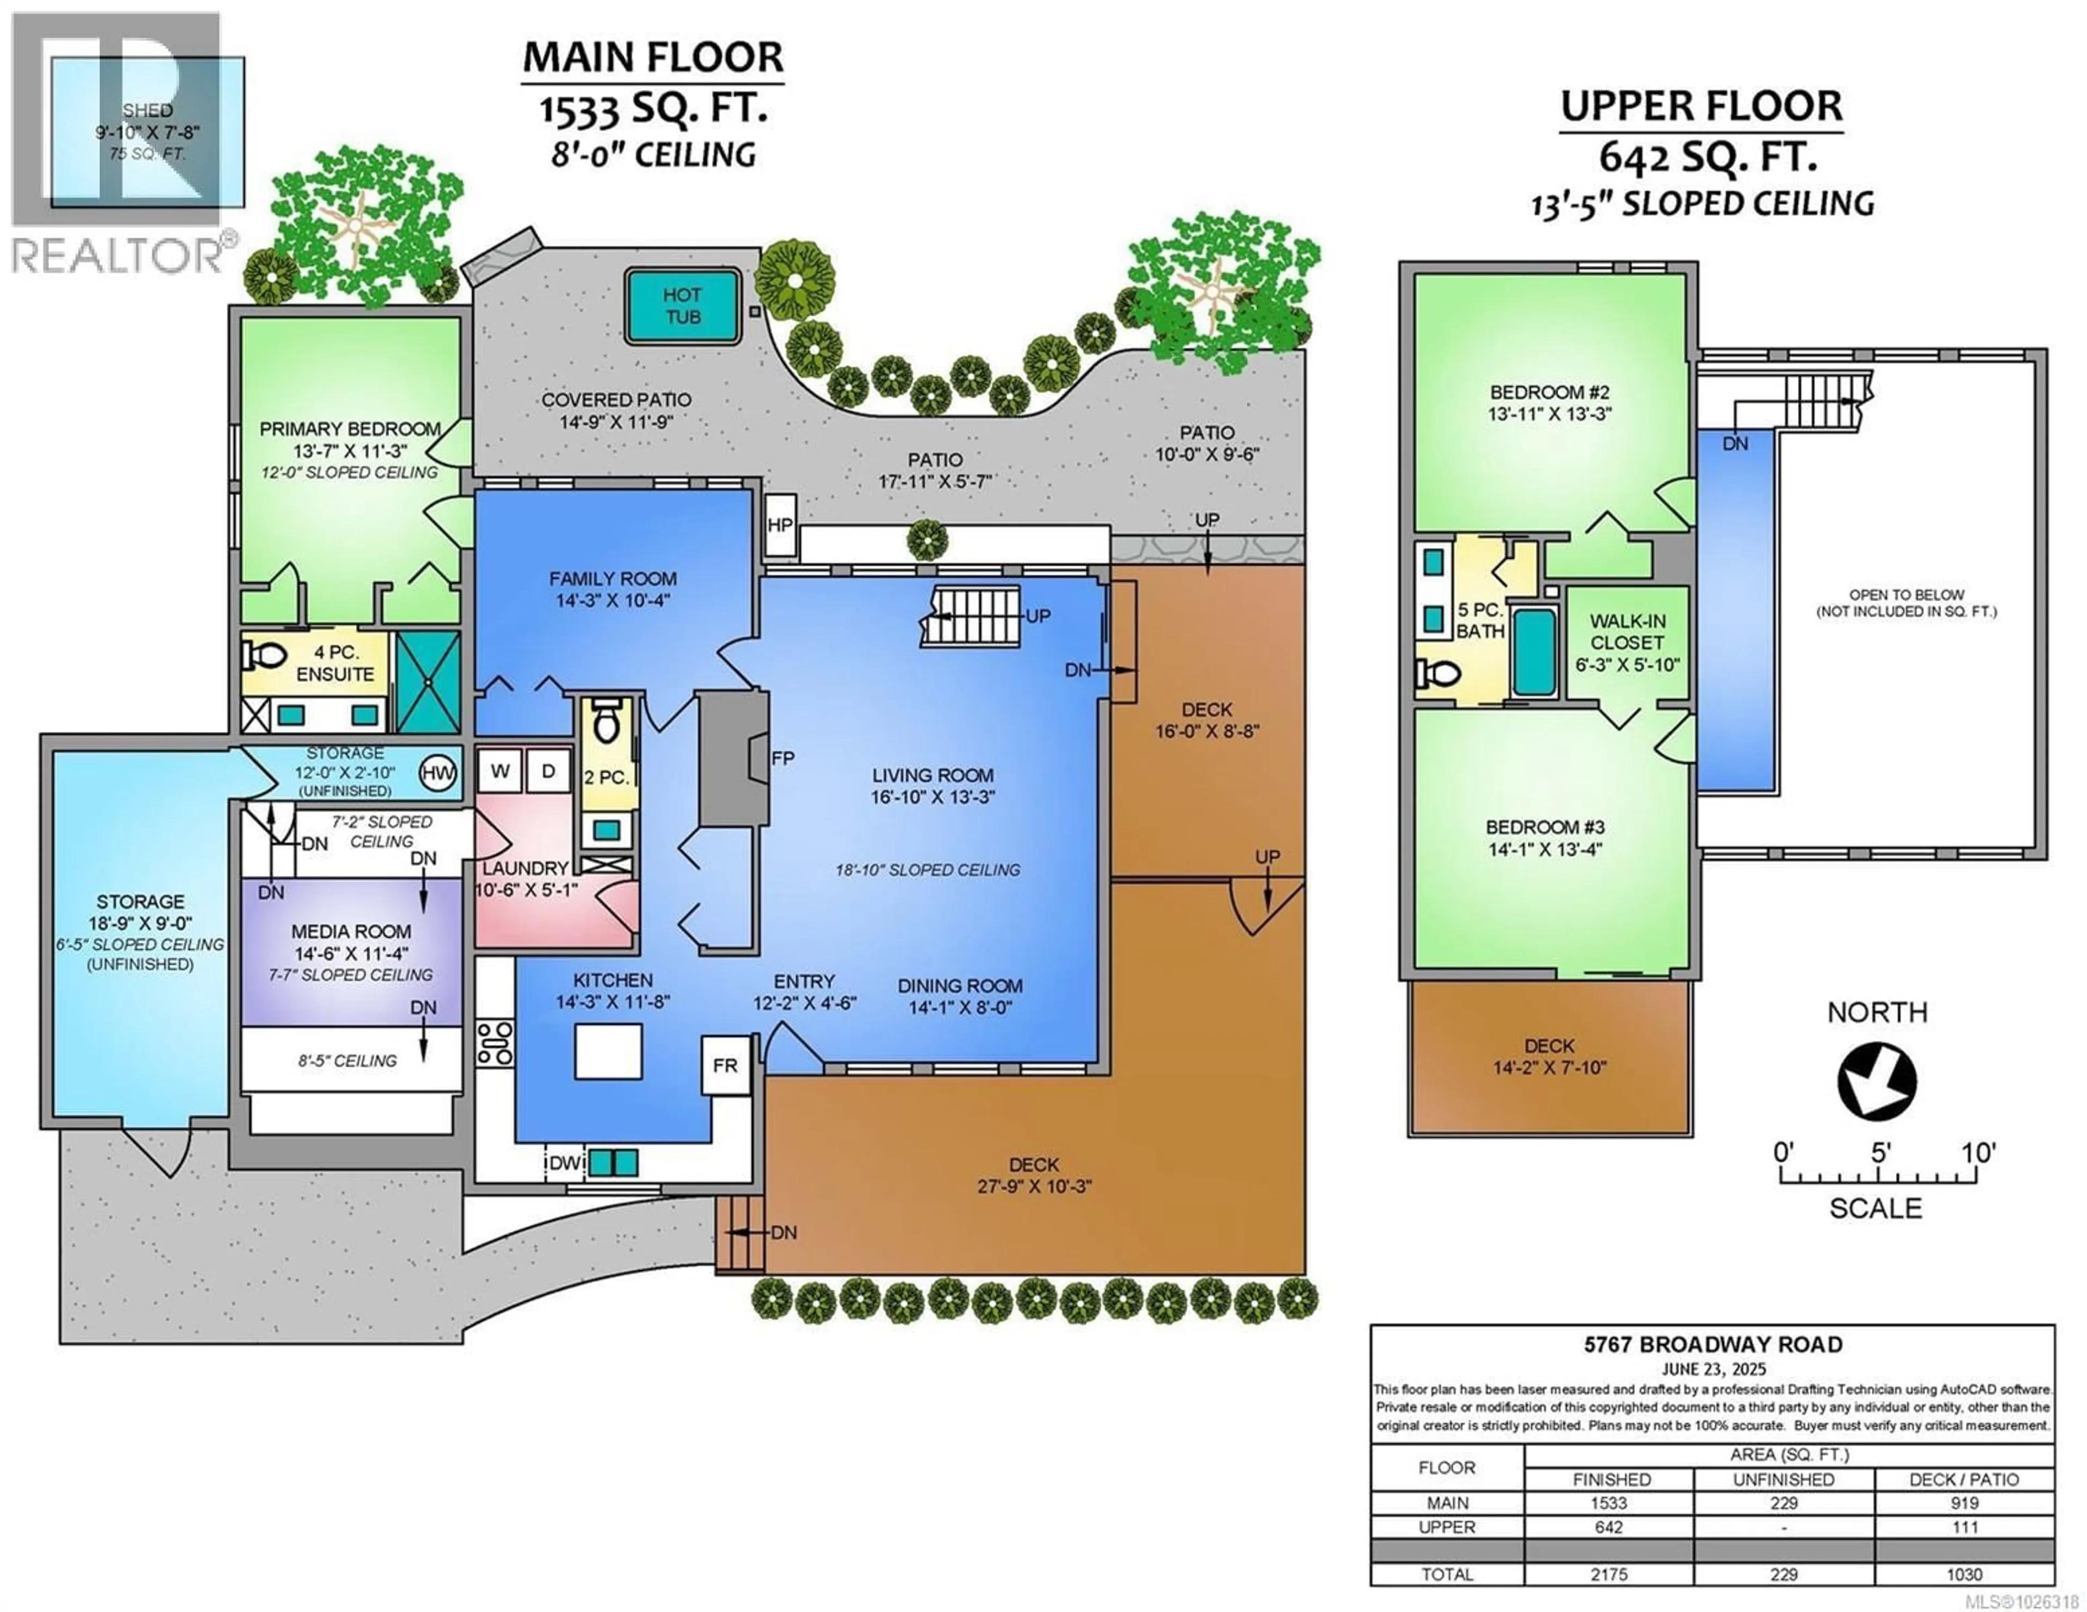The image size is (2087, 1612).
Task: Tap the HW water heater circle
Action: [x=438, y=773]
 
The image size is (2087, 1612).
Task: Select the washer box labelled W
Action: [x=500, y=771]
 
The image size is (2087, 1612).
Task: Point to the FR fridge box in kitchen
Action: [x=726, y=1065]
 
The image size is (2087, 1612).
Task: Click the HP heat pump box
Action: [x=780, y=525]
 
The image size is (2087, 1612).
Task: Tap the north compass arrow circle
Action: [x=1876, y=1081]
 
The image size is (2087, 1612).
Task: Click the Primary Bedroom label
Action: [x=350, y=429]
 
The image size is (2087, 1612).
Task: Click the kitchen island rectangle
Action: [x=608, y=1051]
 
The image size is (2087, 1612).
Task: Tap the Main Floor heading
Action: [x=653, y=58]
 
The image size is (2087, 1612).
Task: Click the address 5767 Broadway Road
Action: [x=1713, y=1345]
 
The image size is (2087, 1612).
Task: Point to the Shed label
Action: [x=148, y=111]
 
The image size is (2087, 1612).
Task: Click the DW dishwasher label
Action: [x=565, y=1163]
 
